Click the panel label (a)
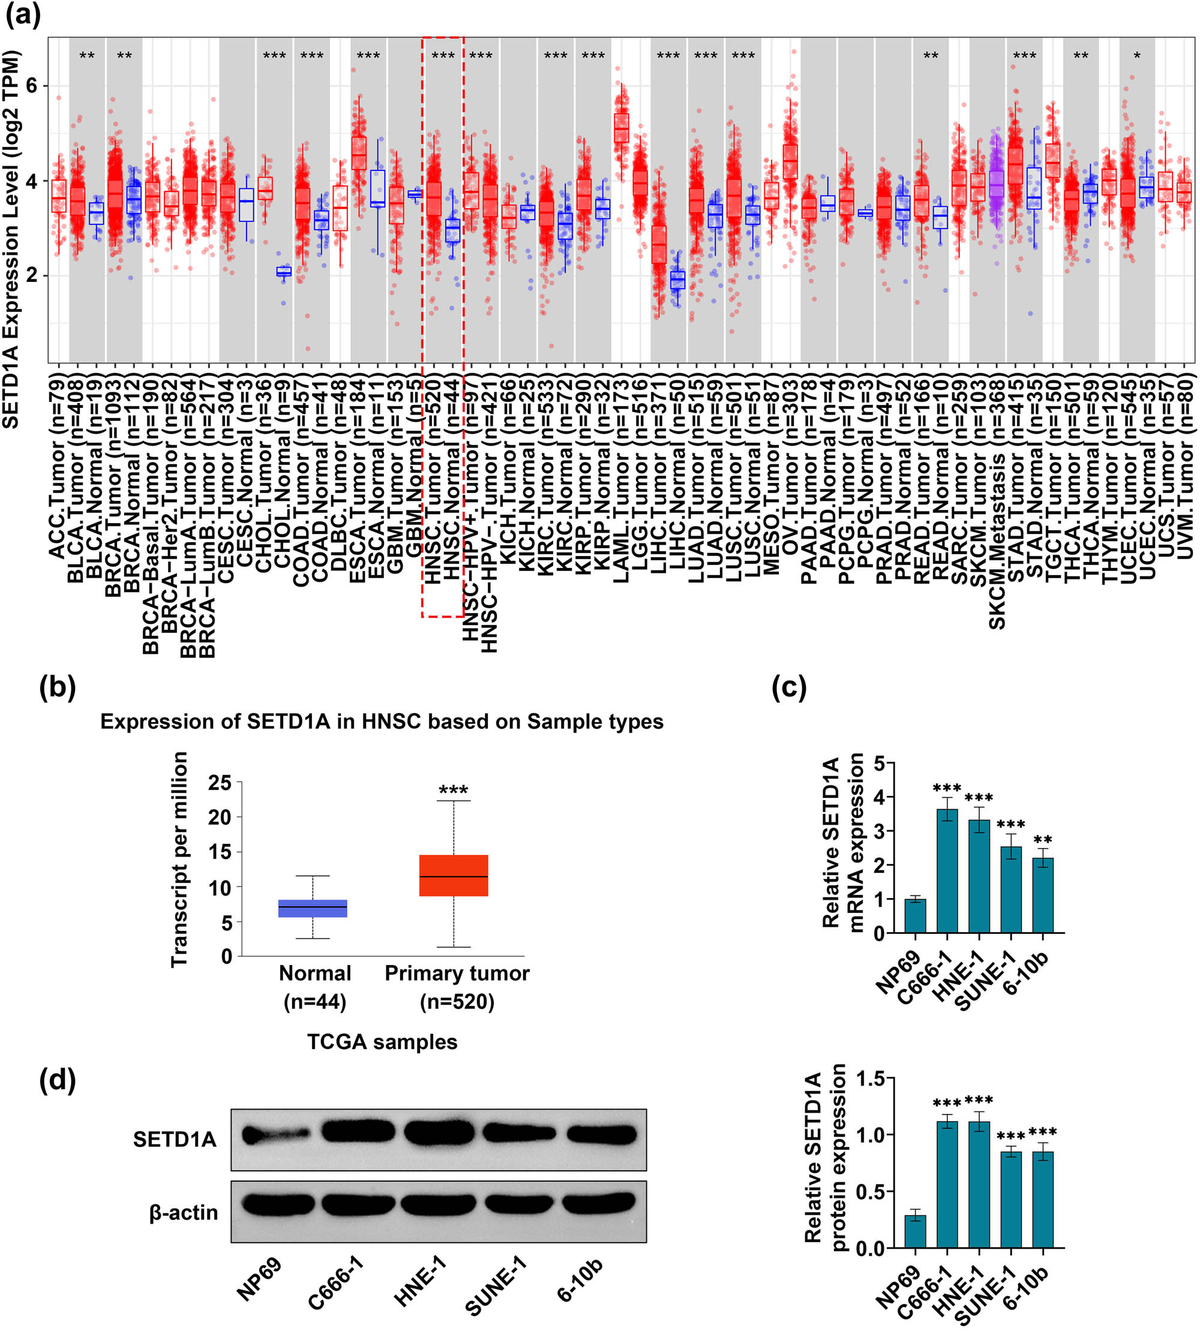click(x=23, y=14)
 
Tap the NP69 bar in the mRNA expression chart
click(x=914, y=916)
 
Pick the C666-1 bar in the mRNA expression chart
click(x=947, y=870)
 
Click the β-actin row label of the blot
click(x=183, y=1212)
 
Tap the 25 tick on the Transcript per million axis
click(x=220, y=783)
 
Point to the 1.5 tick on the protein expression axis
click(x=869, y=1079)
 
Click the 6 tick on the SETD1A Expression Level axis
click(x=31, y=86)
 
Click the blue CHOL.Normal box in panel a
click(x=284, y=272)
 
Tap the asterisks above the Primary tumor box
click(x=453, y=790)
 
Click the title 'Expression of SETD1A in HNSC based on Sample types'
click(x=381, y=722)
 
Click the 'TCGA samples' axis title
click(x=382, y=1042)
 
